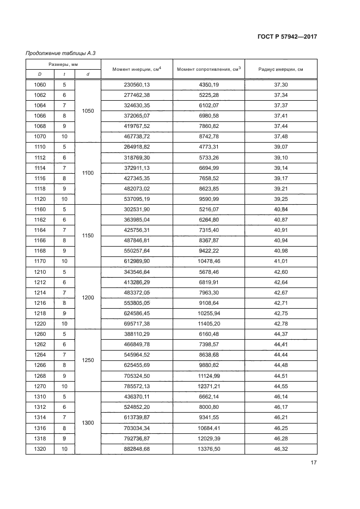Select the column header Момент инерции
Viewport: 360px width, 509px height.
click(x=136, y=69)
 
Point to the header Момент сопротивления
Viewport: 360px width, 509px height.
click(x=209, y=69)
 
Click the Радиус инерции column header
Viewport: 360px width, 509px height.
click(x=281, y=69)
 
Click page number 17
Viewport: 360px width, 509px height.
click(x=314, y=463)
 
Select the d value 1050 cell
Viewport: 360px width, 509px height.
click(x=88, y=111)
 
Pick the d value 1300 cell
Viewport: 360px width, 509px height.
click(x=88, y=423)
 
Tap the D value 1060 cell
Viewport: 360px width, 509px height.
click(x=40, y=85)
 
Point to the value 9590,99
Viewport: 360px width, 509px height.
click(x=209, y=199)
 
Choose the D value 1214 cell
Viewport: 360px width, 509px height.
click(x=40, y=293)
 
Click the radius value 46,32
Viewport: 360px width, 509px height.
click(x=281, y=449)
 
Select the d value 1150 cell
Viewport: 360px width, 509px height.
click(x=88, y=236)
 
